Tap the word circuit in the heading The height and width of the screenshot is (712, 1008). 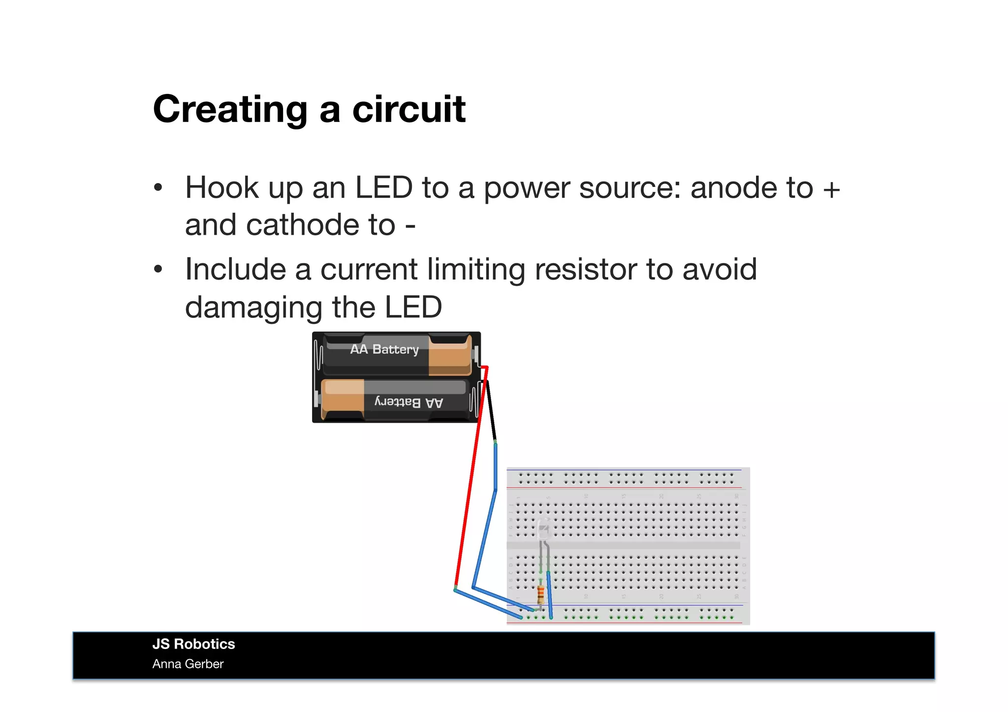click(x=409, y=109)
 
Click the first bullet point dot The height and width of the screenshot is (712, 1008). click(x=158, y=188)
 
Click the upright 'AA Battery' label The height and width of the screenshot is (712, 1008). click(x=384, y=349)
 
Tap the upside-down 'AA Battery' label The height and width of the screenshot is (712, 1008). click(x=409, y=402)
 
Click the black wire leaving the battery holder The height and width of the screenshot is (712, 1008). click(x=491, y=411)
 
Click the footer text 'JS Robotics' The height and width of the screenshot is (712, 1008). click(x=193, y=644)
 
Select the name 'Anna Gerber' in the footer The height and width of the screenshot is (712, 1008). click(x=188, y=664)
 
